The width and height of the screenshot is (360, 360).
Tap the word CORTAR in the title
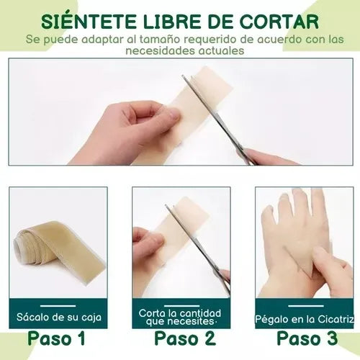pyautogui.click(x=279, y=22)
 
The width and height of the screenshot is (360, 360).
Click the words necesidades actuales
pyautogui.click(x=185, y=50)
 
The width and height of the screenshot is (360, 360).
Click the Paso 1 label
pyautogui.click(x=56, y=338)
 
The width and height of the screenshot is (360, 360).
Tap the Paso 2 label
pyautogui.click(x=185, y=338)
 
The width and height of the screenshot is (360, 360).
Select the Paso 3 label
pyautogui.click(x=307, y=338)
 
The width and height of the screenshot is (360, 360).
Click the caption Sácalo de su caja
pyautogui.click(x=59, y=318)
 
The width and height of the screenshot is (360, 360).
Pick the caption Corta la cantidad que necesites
pyautogui.click(x=180, y=318)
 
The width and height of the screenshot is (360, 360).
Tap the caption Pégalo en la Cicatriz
pyautogui.click(x=305, y=319)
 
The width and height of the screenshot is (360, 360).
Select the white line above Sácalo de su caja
pyautogui.click(x=58, y=306)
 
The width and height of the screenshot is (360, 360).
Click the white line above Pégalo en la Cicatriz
pyautogui.click(x=306, y=306)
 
